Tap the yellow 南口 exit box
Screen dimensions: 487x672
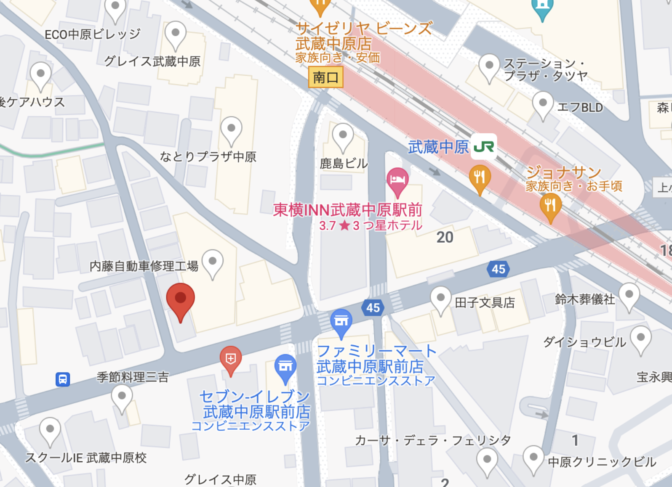click(325, 77)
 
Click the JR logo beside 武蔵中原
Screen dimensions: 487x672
click(484, 146)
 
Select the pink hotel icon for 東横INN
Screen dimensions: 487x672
click(397, 180)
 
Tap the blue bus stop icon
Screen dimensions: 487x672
click(63, 379)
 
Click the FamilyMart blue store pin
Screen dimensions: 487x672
click(341, 322)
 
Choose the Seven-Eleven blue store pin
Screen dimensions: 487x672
click(285, 367)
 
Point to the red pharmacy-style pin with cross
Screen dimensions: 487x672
click(230, 359)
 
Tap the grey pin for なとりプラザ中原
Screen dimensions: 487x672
click(231, 129)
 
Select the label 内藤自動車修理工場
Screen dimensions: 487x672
click(144, 266)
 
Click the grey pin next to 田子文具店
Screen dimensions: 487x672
click(440, 299)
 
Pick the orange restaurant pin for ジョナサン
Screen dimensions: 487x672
click(550, 206)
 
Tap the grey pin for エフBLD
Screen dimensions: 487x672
click(543, 104)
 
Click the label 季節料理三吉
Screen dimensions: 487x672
click(133, 377)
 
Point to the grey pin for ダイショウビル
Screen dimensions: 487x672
click(640, 339)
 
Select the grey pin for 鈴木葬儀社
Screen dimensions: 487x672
click(629, 295)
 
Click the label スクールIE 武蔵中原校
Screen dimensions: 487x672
click(86, 458)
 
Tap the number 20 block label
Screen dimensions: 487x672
click(445, 237)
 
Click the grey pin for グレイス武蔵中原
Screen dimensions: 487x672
click(176, 34)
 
